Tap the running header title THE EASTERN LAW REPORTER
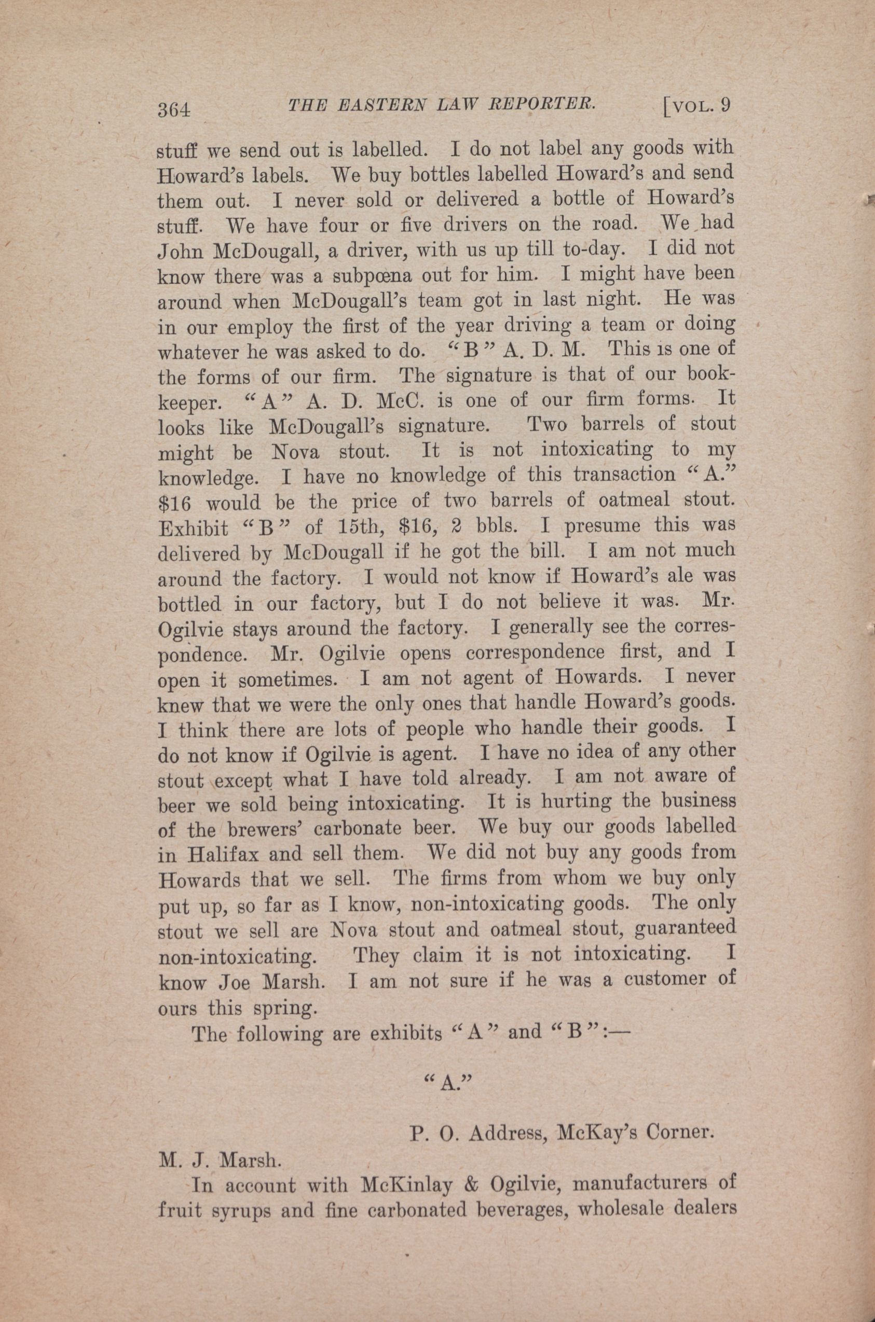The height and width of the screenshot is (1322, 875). click(x=440, y=106)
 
